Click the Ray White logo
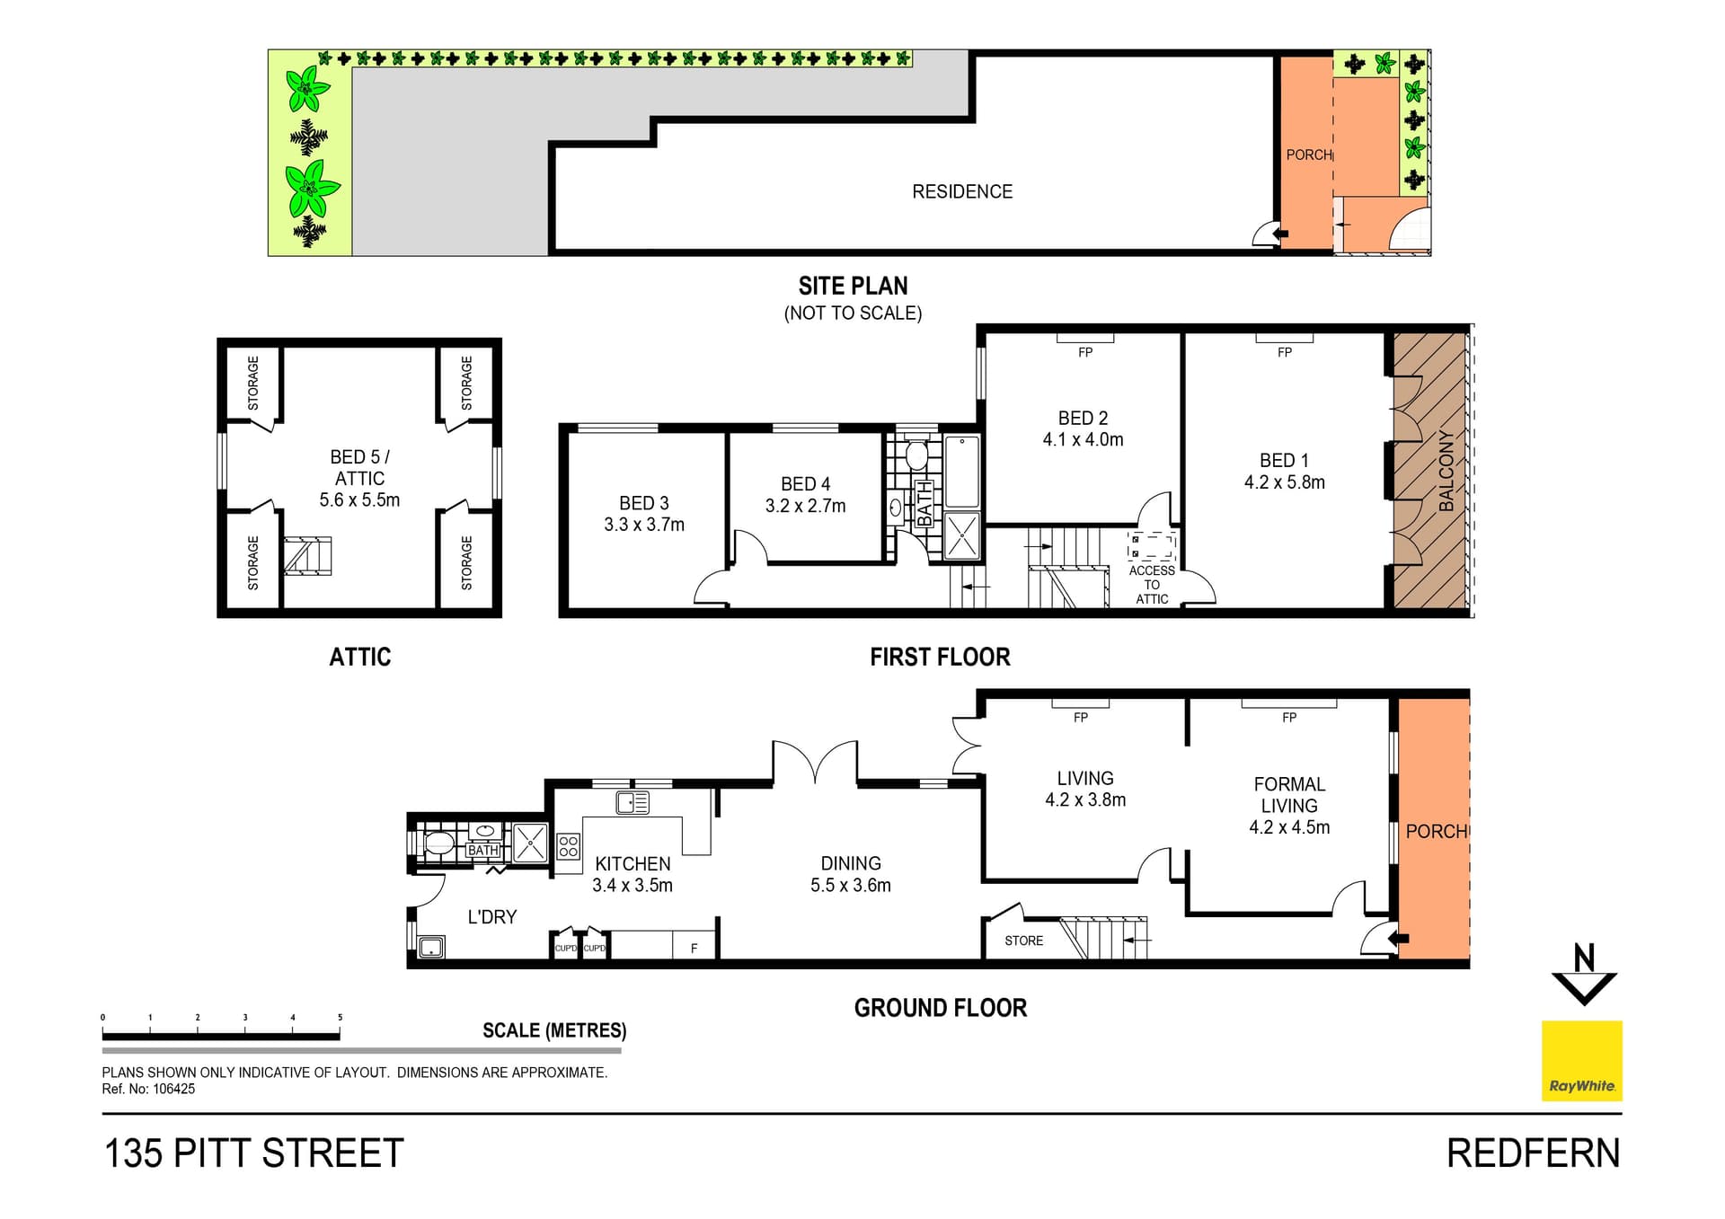1581,1060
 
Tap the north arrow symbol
1584,975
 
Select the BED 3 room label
644,503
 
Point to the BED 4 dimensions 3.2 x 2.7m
805,506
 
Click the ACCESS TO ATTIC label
1152,585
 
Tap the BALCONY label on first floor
1446,471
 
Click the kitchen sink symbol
632,802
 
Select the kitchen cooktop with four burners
568,846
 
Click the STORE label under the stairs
1023,941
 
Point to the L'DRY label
491,917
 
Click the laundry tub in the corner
432,947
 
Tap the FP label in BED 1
1285,353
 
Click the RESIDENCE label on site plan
962,191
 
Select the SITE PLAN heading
853,286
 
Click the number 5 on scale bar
340,1018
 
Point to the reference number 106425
173,1089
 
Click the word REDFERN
1534,1153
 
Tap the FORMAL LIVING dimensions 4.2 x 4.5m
1289,827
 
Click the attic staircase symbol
308,555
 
